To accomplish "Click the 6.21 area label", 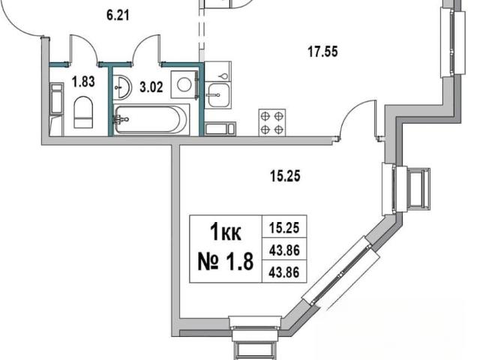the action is [x=118, y=15].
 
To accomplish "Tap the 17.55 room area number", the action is [x=322, y=52].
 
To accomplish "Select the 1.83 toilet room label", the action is [x=83, y=82].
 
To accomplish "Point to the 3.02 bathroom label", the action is [x=151, y=87].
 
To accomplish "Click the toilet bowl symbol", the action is [x=83, y=112].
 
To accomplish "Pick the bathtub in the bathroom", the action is [x=151, y=119].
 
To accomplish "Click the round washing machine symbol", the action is [x=184, y=85].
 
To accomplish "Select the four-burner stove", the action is [x=272, y=122].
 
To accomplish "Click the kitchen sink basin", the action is [x=218, y=95].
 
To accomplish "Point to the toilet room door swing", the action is [x=84, y=49].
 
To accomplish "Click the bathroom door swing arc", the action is [x=146, y=49].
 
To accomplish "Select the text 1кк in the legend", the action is [x=226, y=232].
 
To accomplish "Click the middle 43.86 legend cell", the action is [x=284, y=250].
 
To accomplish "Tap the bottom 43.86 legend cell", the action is [x=284, y=272].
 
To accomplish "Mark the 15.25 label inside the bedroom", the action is [x=285, y=176].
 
